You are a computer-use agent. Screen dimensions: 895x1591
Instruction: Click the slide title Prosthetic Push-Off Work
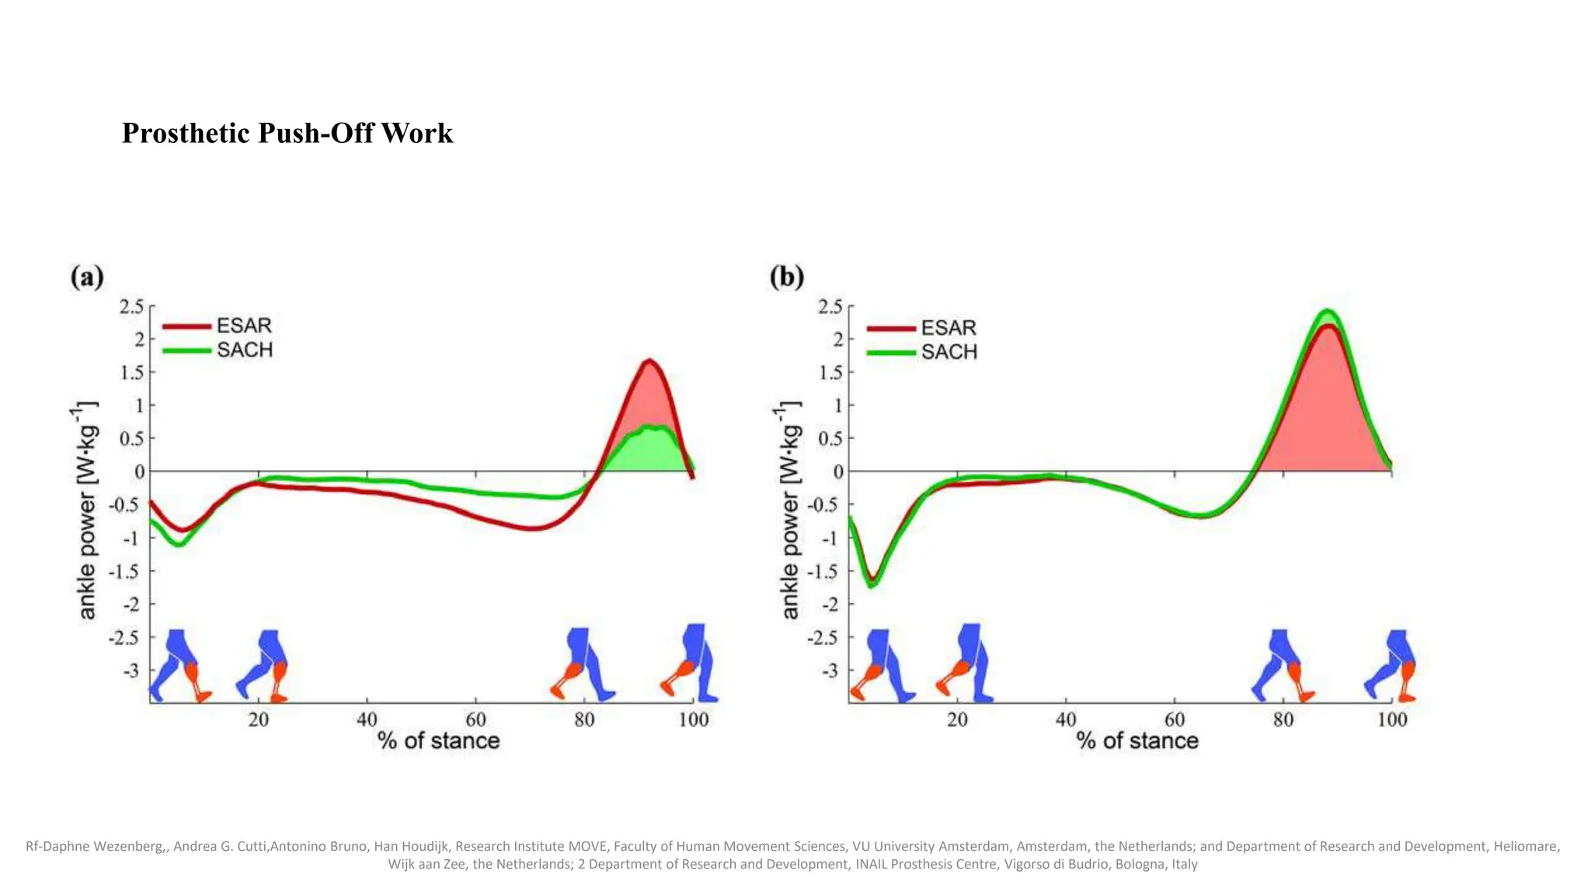pyautogui.click(x=287, y=133)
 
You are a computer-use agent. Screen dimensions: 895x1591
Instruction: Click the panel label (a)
pyautogui.click(x=87, y=277)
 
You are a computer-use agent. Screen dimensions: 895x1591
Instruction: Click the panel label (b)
pyautogui.click(x=786, y=277)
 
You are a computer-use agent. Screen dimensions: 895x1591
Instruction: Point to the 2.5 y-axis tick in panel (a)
pyautogui.click(x=132, y=306)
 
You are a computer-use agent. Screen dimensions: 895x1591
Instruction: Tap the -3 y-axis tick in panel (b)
pyautogui.click(x=830, y=670)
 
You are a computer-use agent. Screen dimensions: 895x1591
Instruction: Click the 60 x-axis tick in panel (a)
pyautogui.click(x=475, y=719)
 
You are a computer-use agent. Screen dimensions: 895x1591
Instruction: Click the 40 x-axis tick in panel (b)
pyautogui.click(x=1066, y=719)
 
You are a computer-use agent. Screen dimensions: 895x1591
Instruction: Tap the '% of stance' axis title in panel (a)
pyautogui.click(x=438, y=740)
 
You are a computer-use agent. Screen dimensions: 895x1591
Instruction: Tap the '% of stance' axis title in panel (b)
pyautogui.click(x=1137, y=740)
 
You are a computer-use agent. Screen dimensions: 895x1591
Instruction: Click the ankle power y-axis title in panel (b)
pyautogui.click(x=789, y=510)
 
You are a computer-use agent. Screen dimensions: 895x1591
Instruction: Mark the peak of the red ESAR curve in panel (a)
pyautogui.click(x=649, y=360)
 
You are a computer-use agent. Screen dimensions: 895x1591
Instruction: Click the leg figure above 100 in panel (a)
pyautogui.click(x=692, y=663)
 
